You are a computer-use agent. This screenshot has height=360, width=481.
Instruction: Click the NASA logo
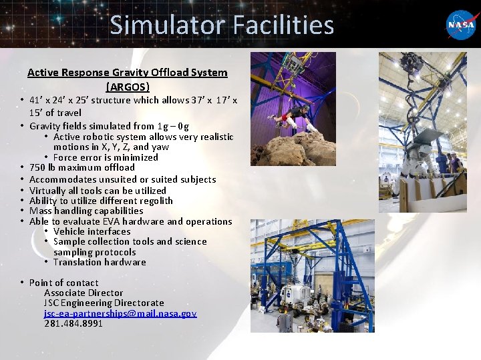[460, 24]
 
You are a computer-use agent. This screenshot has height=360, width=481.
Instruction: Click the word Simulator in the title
[168, 25]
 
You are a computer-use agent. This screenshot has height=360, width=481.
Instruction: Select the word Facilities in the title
[283, 25]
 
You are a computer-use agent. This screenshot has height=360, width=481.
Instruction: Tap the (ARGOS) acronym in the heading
[128, 87]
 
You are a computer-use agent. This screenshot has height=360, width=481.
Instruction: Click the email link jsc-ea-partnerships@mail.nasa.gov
[120, 313]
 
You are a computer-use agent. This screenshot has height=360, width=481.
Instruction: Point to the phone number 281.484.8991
[73, 324]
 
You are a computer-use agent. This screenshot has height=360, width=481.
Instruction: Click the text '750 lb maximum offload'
[82, 168]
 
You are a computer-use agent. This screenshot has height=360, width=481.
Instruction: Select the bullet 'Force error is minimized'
[106, 157]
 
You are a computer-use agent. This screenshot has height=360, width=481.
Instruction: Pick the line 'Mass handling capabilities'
[86, 211]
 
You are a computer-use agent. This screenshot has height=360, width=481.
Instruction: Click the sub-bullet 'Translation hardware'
[100, 262]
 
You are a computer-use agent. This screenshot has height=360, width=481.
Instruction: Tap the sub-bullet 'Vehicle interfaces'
[92, 231]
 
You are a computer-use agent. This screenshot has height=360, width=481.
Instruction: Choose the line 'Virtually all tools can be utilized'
[98, 190]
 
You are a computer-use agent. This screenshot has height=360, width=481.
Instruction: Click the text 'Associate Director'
[84, 293]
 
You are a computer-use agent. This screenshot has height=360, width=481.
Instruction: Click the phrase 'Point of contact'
[63, 283]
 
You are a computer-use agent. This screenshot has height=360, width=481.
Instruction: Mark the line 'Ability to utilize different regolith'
[101, 201]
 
